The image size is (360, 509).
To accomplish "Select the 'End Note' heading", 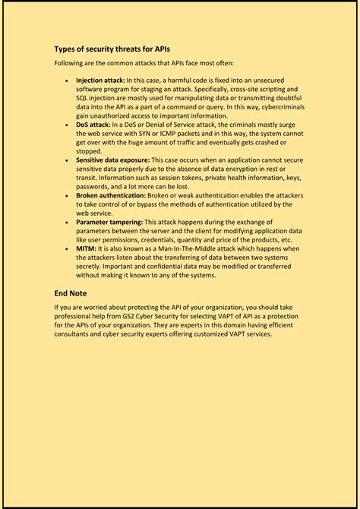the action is pos(71,292).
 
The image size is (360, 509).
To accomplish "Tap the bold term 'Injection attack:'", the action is pos(100,80).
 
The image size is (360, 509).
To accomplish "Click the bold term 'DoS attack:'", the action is pos(93,124).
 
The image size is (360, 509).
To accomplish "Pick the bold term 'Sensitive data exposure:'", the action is pos(112,160).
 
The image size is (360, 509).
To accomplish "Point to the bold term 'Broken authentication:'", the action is pos(109,195).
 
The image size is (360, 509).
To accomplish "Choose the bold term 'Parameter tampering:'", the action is pos(108,223).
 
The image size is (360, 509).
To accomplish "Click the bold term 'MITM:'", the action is pos(86,249).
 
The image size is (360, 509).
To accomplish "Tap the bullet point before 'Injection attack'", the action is pos(67,80).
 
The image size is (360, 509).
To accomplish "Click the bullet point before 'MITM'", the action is pos(67,249).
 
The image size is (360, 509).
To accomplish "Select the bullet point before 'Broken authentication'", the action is pos(67,195).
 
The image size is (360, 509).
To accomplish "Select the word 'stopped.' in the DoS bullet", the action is pos(90,151).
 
